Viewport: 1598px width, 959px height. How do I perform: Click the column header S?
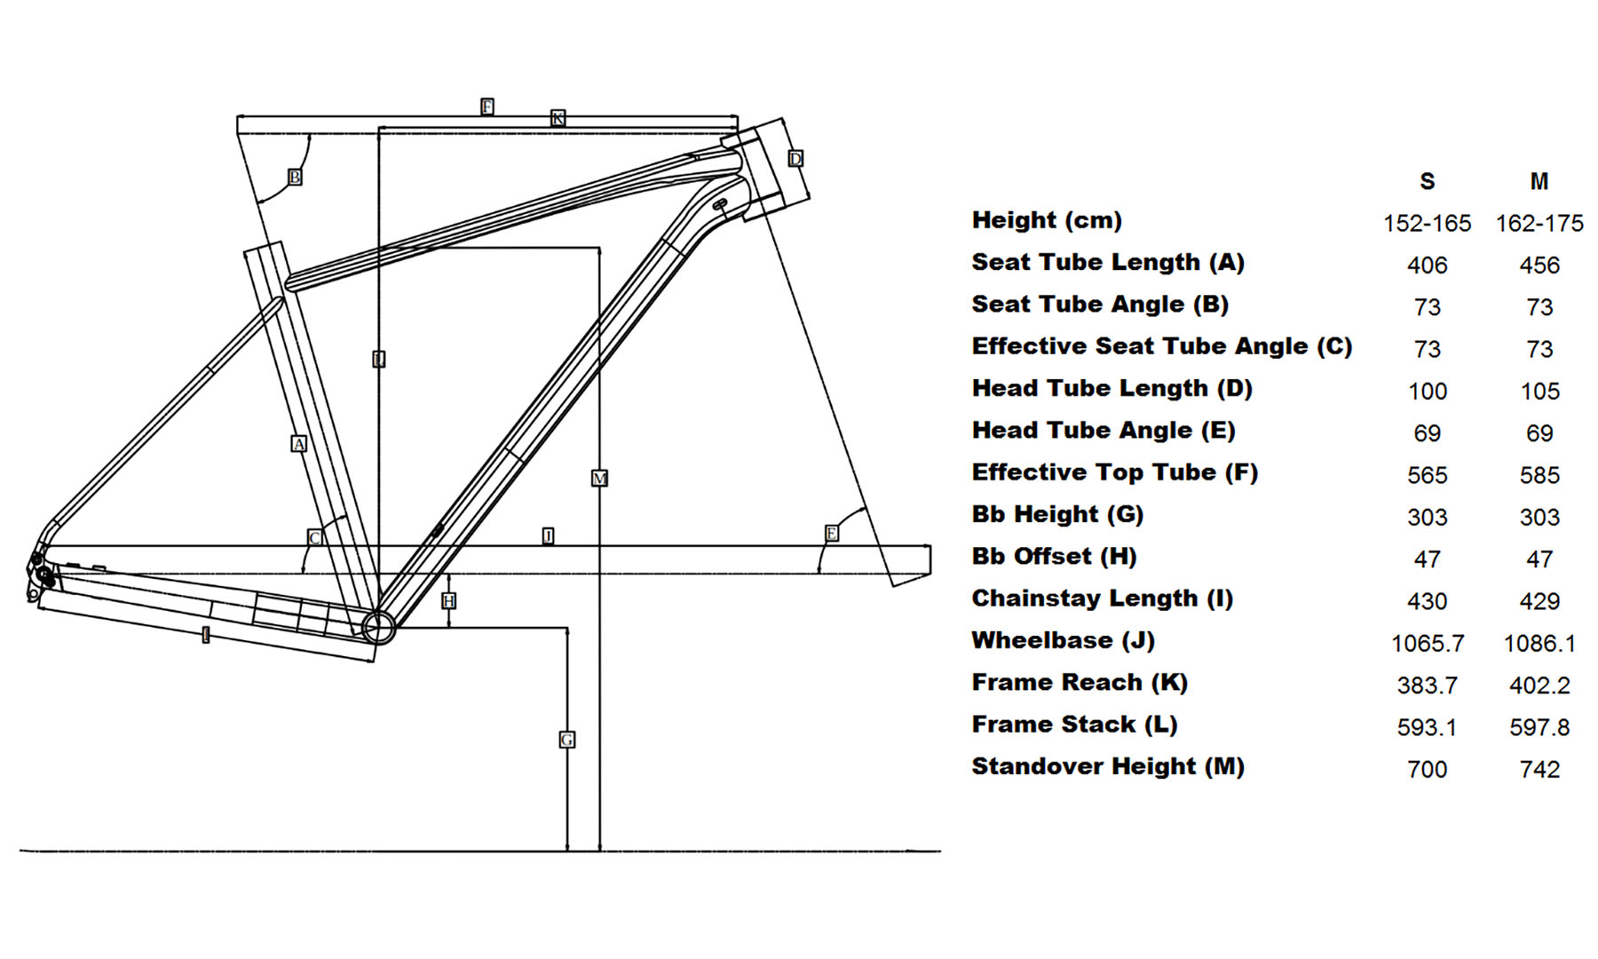pyautogui.click(x=1427, y=182)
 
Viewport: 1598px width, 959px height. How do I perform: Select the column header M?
pyautogui.click(x=1539, y=182)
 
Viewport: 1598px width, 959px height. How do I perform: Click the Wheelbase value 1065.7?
pyautogui.click(x=1427, y=644)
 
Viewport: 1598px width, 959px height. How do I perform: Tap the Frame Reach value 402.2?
pyautogui.click(x=1539, y=686)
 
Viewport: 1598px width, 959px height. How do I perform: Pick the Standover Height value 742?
pyautogui.click(x=1539, y=770)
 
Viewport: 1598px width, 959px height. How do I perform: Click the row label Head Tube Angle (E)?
pyautogui.click(x=1104, y=431)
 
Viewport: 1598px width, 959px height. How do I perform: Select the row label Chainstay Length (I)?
pyautogui.click(x=1103, y=598)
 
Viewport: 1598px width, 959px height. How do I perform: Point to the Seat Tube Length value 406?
pyautogui.click(x=1427, y=266)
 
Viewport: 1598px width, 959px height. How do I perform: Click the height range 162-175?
pyautogui.click(x=1539, y=224)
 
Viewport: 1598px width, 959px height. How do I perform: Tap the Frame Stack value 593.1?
pyautogui.click(x=1427, y=728)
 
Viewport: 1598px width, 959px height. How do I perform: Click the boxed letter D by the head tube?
pyautogui.click(x=795, y=159)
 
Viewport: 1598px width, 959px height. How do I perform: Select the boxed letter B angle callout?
pyautogui.click(x=295, y=178)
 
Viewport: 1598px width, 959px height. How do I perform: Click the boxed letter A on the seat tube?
pyautogui.click(x=299, y=444)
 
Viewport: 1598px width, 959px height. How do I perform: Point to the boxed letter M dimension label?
pyautogui.click(x=599, y=479)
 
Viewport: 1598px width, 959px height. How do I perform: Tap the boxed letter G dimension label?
pyautogui.click(x=566, y=740)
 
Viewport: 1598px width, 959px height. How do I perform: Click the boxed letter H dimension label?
pyautogui.click(x=449, y=601)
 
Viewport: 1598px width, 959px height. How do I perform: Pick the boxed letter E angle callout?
pyautogui.click(x=832, y=534)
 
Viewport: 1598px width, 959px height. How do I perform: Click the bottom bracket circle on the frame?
pyautogui.click(x=378, y=627)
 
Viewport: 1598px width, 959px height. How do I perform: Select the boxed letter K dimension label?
pyautogui.click(x=558, y=118)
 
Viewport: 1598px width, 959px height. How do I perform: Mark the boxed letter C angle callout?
pyautogui.click(x=314, y=538)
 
